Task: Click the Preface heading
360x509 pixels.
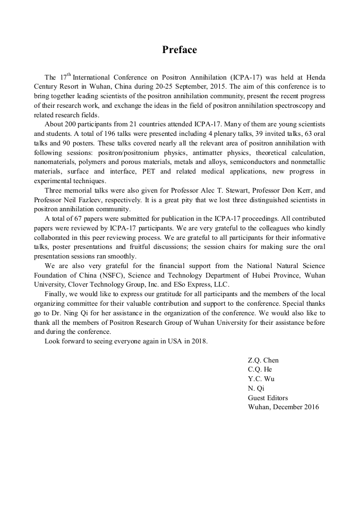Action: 179,50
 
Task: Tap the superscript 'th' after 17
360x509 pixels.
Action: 68,75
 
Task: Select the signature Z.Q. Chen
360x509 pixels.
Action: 263,360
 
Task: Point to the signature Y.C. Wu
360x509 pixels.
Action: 261,379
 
